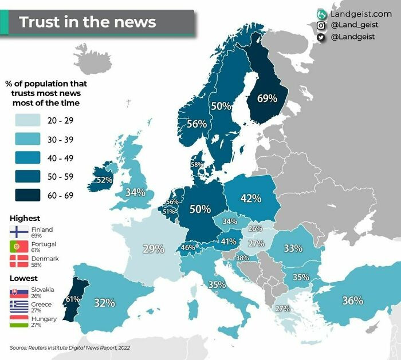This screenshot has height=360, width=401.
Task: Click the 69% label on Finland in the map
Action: (x=267, y=98)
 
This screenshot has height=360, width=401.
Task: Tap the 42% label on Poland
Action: (x=250, y=198)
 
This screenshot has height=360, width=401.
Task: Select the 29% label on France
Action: (x=153, y=249)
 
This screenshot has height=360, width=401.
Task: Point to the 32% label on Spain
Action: (x=104, y=303)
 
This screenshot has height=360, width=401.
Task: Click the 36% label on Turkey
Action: (x=352, y=300)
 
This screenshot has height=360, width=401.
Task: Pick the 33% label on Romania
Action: (x=293, y=248)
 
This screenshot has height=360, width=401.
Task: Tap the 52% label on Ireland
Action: (x=104, y=180)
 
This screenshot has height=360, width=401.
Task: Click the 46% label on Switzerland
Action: (x=188, y=248)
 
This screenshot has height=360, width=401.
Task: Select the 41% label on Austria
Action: (x=229, y=242)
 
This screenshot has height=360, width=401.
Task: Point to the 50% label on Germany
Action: (x=200, y=209)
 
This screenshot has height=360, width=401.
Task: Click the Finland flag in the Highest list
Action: (x=19, y=232)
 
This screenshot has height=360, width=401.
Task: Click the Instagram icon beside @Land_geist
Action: (x=321, y=25)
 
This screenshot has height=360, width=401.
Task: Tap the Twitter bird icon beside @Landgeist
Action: (x=321, y=37)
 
